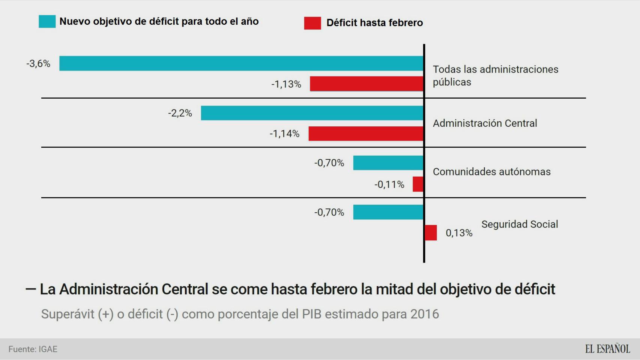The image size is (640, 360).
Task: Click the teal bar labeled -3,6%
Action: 241,63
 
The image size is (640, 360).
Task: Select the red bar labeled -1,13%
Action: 367,84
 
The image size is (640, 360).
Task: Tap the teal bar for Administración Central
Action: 312,113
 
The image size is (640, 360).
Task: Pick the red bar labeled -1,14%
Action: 366,133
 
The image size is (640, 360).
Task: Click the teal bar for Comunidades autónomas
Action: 388,163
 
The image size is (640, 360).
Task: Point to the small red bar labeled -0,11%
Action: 418,184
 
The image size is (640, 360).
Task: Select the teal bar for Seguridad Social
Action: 388,212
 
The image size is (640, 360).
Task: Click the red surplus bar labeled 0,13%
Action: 431,232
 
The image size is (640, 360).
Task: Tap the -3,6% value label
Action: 38,63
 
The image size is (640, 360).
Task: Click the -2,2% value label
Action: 180,113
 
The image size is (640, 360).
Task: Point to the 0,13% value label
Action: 459,233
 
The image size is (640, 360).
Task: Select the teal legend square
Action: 47,21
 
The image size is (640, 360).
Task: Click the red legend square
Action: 312,23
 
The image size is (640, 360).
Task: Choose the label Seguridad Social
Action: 520,224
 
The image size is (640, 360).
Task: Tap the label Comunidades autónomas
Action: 491,172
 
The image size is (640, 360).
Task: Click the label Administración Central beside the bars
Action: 485,123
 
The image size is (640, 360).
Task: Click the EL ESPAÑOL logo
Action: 607,349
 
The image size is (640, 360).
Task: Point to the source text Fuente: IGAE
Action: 33,349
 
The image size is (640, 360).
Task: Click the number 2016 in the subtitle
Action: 424,314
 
